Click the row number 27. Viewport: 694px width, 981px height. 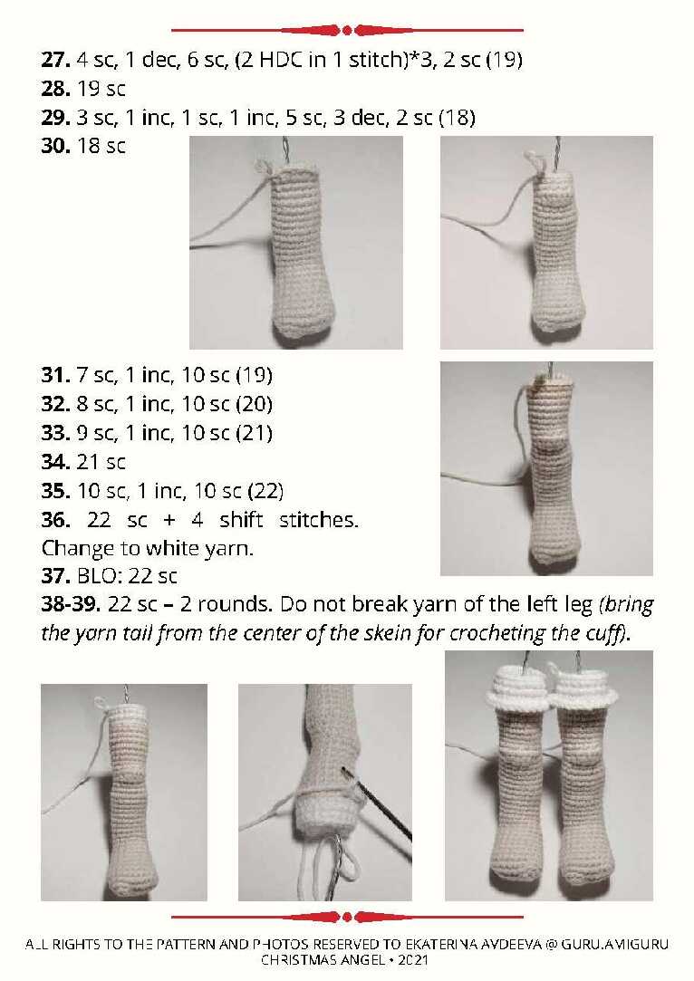[x=55, y=60]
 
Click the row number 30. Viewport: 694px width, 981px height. [x=55, y=147]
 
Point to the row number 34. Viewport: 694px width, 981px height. [x=55, y=462]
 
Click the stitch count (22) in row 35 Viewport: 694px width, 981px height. [x=266, y=491]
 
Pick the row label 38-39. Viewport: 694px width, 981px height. [x=71, y=604]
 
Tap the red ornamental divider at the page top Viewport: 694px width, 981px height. [x=347, y=30]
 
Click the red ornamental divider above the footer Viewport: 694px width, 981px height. [x=347, y=918]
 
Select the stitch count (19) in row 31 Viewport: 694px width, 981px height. [x=254, y=375]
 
